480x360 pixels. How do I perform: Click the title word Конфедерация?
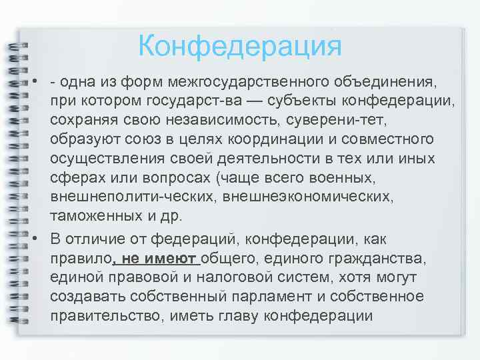tap(240, 47)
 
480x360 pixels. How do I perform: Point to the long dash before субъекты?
tap(257, 102)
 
